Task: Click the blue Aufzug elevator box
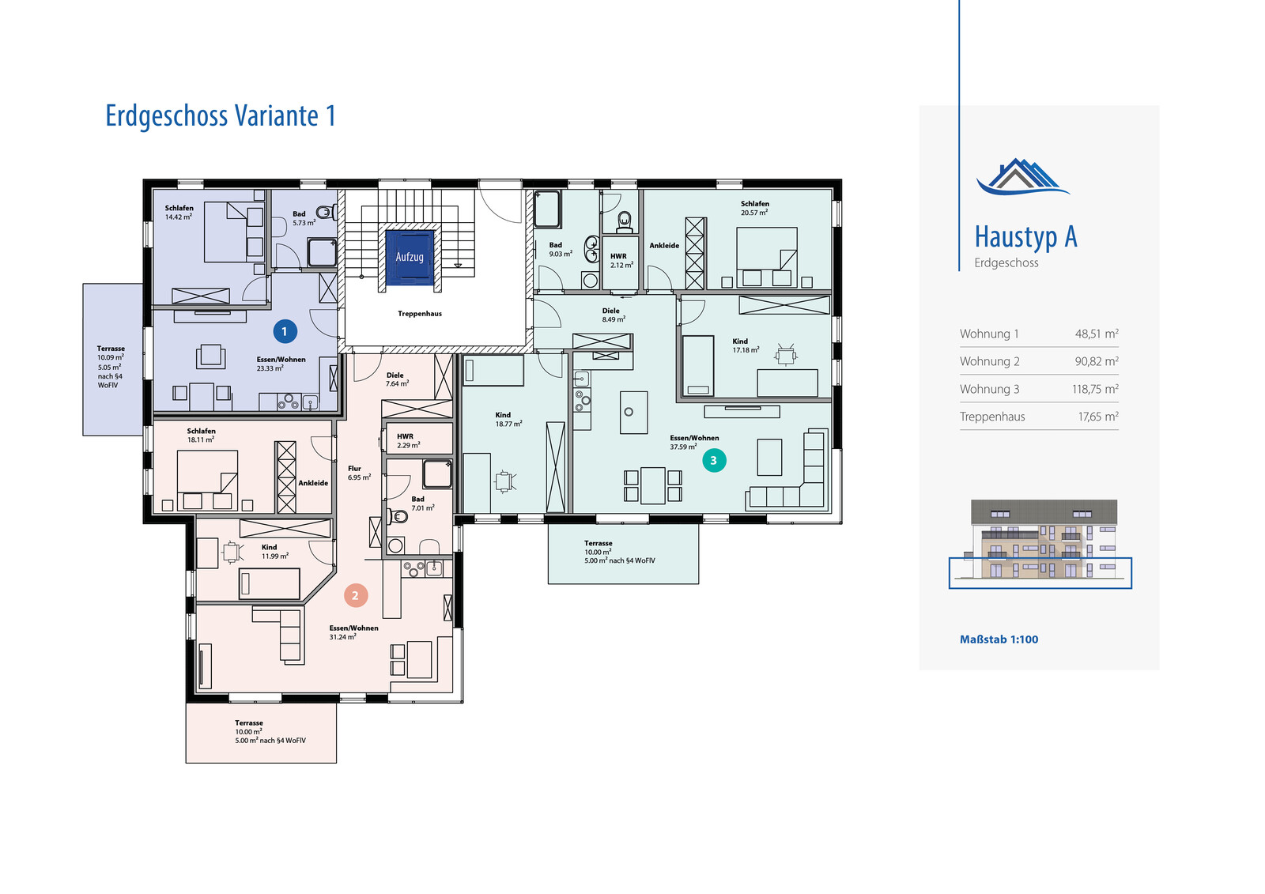[410, 258]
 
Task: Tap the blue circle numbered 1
[285, 331]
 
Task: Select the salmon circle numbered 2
[355, 595]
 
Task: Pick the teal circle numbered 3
[714, 460]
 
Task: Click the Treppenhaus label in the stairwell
[420, 314]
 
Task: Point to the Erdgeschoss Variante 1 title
[221, 115]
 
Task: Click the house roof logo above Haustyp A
[1023, 176]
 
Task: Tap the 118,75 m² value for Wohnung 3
[1095, 389]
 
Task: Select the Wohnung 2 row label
[989, 361]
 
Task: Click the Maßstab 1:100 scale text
[999, 639]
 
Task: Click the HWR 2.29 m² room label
[408, 440]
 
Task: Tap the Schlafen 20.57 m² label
[754, 208]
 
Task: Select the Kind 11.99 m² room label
[274, 551]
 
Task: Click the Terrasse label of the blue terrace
[111, 349]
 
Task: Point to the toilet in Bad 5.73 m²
[326, 213]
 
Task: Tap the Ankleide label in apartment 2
[313, 483]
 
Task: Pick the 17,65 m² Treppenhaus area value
[1098, 417]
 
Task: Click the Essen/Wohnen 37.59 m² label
[694, 442]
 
